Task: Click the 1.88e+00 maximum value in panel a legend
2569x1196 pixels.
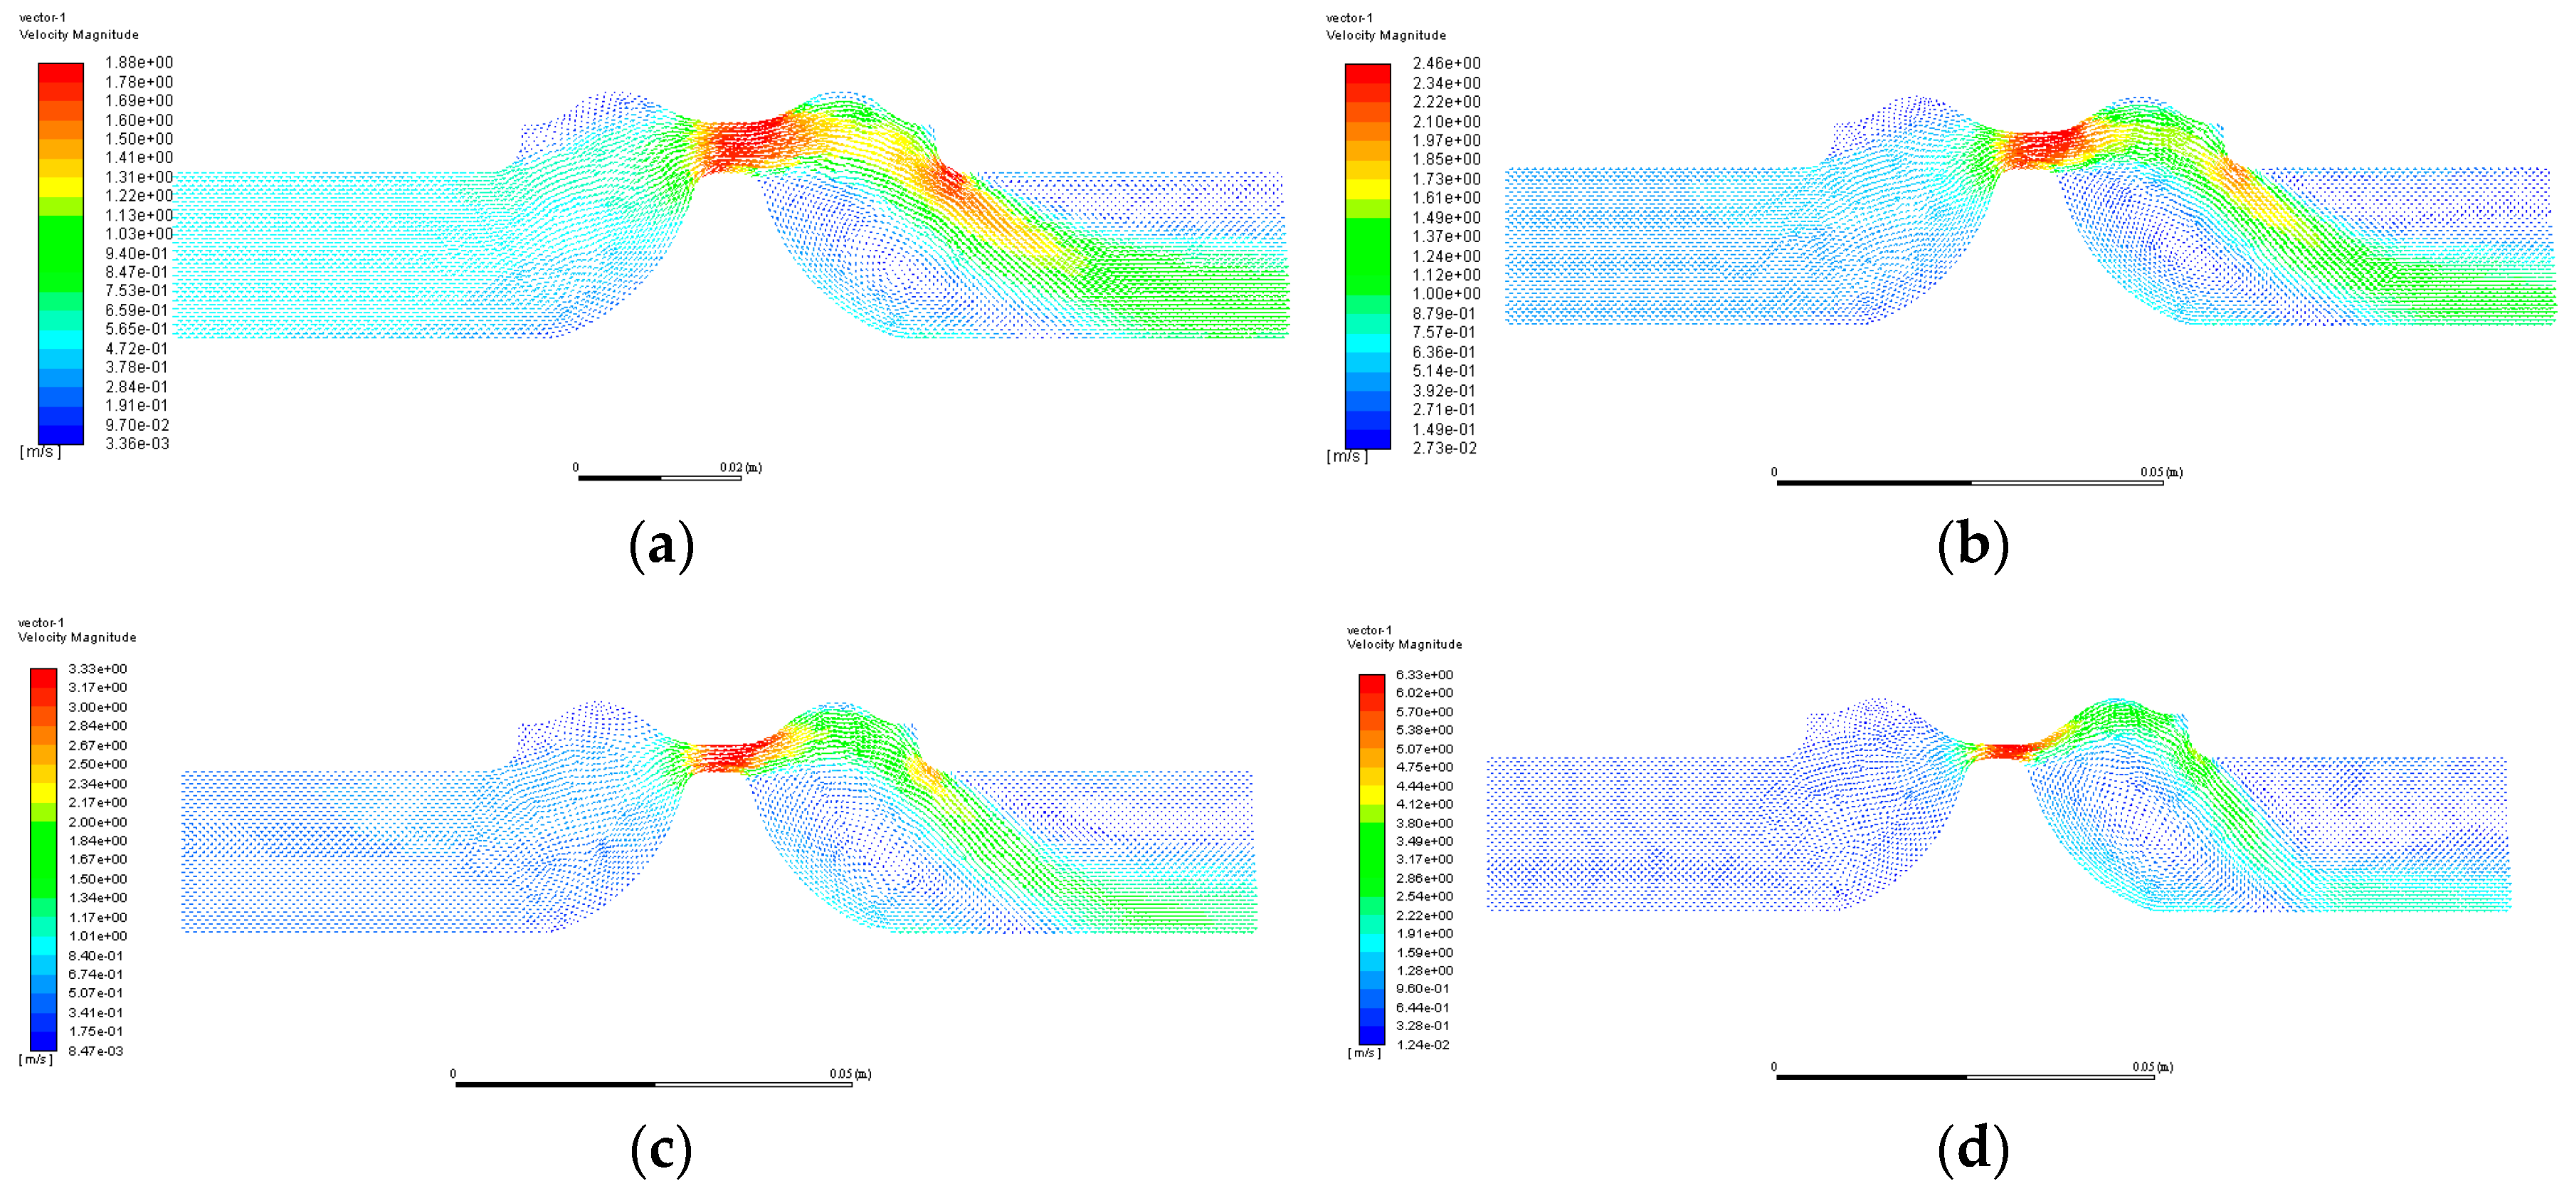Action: [x=139, y=63]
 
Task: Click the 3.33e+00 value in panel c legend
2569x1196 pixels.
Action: [x=97, y=669]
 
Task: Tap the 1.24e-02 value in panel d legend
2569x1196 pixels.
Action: [x=1422, y=1045]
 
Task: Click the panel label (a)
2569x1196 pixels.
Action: [x=661, y=545]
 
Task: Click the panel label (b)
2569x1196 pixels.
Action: [x=1972, y=545]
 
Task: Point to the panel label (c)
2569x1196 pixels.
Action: [x=661, y=1149]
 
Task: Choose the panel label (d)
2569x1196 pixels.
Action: [x=1972, y=1149]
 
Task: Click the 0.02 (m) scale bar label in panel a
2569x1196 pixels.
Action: [x=740, y=467]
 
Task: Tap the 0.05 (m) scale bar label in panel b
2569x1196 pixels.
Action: [x=2160, y=472]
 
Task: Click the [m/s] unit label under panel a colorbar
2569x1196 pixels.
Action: [x=40, y=452]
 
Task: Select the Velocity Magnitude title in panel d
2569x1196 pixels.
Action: [x=1404, y=644]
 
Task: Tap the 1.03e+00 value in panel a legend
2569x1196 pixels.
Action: [x=139, y=234]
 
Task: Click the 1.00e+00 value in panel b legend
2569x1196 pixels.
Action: [x=1446, y=294]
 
